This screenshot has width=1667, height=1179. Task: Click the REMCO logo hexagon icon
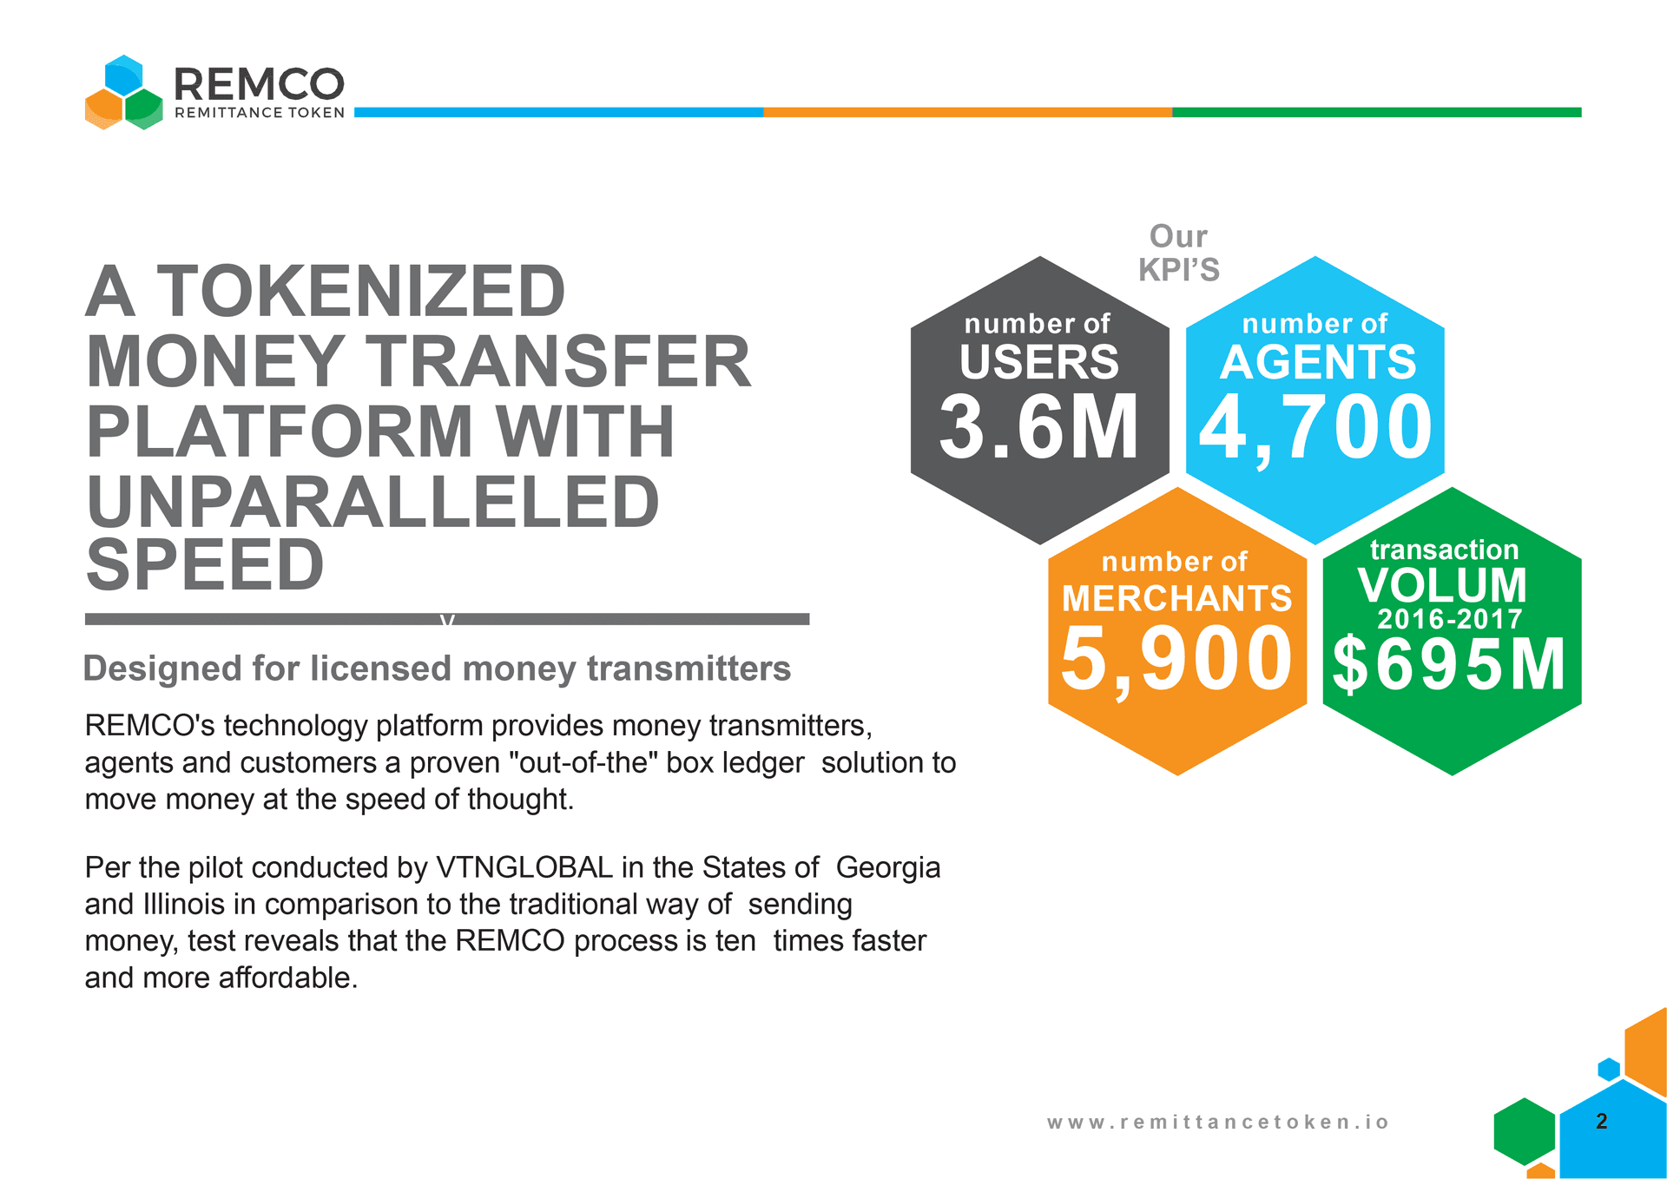click(124, 93)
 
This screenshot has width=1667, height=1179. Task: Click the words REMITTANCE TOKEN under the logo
click(260, 113)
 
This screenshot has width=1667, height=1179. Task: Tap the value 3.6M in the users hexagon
click(1038, 427)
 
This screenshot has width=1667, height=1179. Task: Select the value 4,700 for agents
click(1315, 427)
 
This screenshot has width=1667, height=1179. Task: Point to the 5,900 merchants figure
click(1176, 659)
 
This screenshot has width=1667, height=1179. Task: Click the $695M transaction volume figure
click(1449, 665)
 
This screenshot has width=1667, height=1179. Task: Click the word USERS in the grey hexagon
click(1039, 362)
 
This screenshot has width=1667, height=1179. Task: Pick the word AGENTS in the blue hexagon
click(1317, 362)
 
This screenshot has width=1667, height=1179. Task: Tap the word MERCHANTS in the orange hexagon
click(1176, 598)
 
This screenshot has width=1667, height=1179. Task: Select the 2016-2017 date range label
click(1449, 619)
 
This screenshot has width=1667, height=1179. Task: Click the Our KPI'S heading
click(1178, 253)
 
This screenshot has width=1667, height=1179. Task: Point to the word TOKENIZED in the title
click(361, 291)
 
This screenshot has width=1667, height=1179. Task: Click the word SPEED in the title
click(206, 564)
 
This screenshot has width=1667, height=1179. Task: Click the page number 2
click(1602, 1121)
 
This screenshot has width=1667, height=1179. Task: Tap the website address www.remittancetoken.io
click(1217, 1122)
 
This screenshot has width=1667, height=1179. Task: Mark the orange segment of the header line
click(967, 112)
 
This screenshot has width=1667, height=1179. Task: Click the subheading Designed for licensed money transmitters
click(437, 669)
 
